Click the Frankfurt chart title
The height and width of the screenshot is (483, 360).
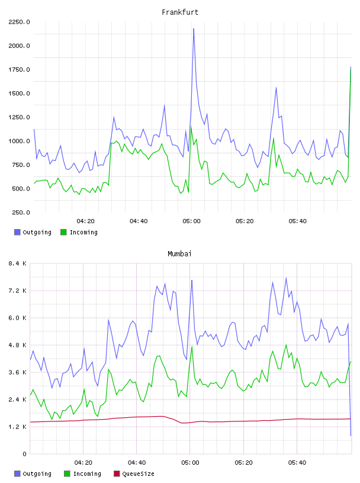click(180, 12)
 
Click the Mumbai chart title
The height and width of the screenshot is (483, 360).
click(179, 253)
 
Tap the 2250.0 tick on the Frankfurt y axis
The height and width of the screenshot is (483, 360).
click(19, 22)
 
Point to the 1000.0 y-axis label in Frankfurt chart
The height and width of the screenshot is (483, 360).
click(19, 141)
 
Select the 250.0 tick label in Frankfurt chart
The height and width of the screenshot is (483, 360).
click(21, 212)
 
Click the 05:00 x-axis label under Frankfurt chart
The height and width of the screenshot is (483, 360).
click(191, 221)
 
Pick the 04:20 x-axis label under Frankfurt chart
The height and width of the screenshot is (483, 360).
click(85, 221)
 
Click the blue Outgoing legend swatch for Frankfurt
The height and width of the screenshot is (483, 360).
click(17, 232)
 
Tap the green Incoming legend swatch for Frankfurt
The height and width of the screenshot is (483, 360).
click(63, 232)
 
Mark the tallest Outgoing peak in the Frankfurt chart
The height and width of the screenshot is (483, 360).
click(194, 28)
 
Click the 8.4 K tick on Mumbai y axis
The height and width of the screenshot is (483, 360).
click(18, 263)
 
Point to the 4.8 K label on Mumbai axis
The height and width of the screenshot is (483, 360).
click(18, 345)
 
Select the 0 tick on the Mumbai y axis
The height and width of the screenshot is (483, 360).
click(24, 454)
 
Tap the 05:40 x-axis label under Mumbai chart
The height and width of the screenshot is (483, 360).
click(297, 463)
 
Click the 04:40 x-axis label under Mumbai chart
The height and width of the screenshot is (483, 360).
click(137, 463)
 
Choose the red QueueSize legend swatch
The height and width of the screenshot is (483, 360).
click(117, 474)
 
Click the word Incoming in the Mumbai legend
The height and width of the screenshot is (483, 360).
click(87, 474)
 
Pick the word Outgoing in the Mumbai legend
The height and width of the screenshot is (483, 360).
click(37, 474)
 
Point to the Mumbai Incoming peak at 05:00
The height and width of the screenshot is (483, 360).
click(192, 346)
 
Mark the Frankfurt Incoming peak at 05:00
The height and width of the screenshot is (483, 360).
click(191, 126)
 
